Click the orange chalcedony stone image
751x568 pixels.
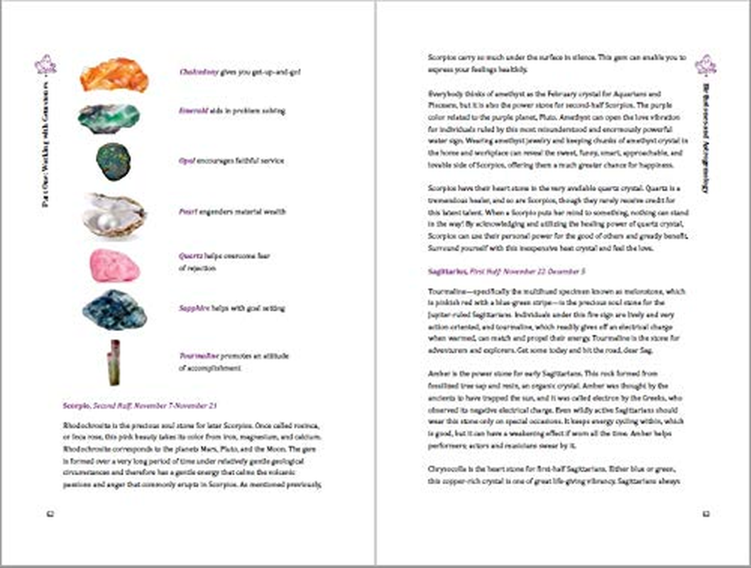pos(114,75)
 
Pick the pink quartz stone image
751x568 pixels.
pos(114,266)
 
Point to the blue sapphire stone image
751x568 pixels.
pos(114,310)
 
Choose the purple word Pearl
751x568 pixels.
pos(187,212)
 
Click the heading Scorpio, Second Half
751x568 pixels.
pos(139,405)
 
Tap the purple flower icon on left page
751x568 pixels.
pos(45,65)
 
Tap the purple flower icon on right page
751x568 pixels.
pos(705,65)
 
